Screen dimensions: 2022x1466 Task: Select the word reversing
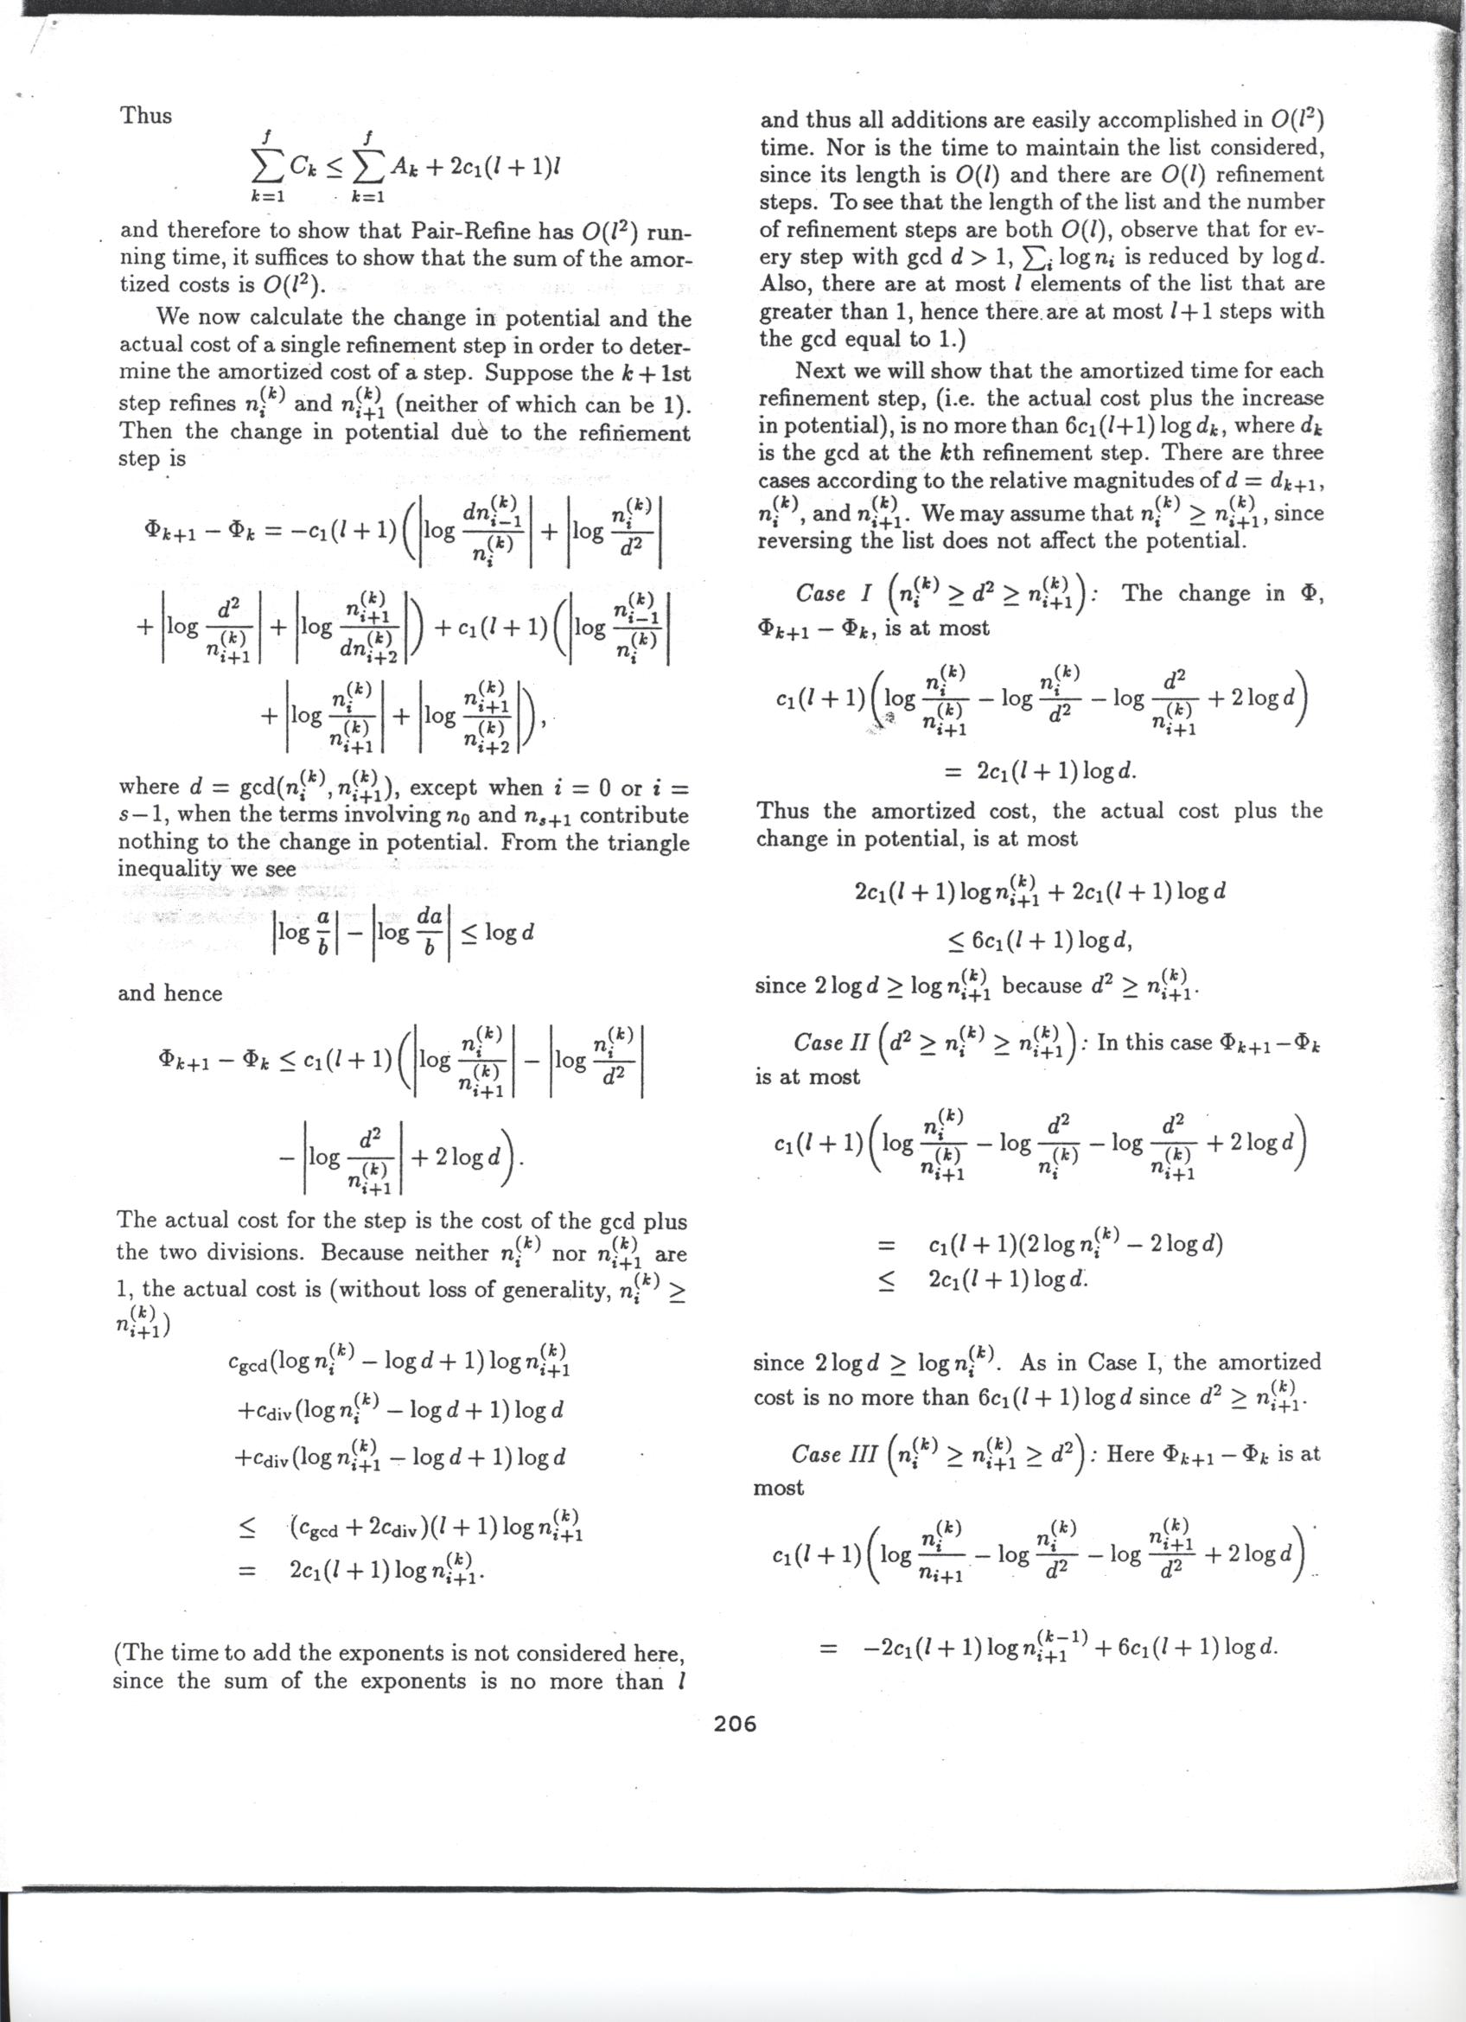(805, 541)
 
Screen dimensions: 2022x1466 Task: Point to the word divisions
(264, 1253)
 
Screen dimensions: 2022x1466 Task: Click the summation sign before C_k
(264, 166)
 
